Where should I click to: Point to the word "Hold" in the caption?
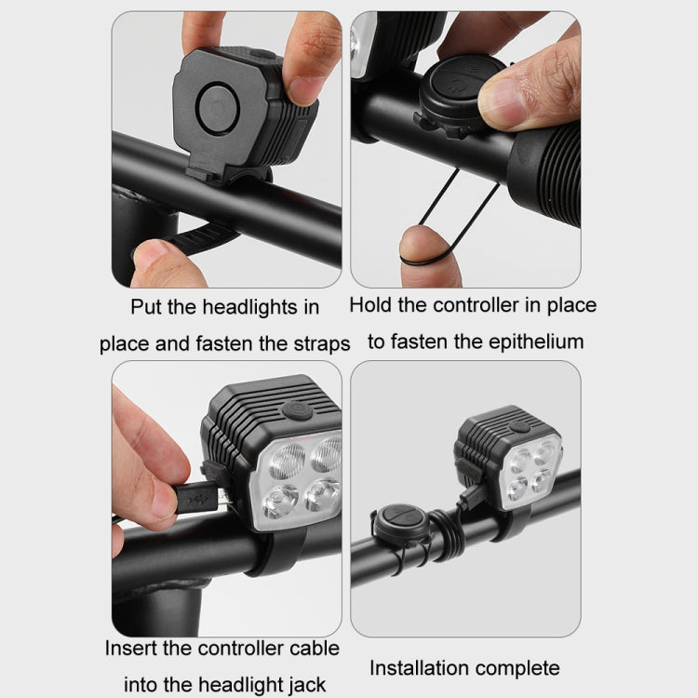tap(371, 305)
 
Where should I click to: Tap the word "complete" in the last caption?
tap(521, 667)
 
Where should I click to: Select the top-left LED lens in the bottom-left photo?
tap(278, 459)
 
